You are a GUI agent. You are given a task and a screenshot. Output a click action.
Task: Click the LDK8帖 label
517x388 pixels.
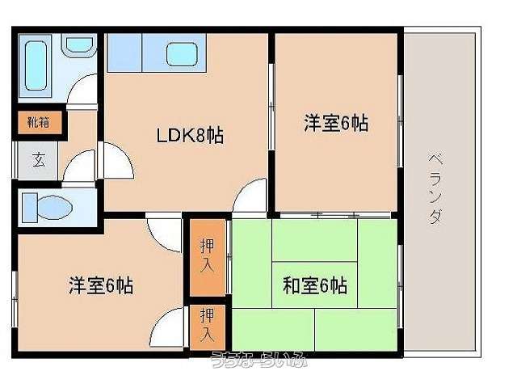(x=190, y=136)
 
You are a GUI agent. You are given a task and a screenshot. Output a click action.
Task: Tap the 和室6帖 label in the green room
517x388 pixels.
(x=315, y=285)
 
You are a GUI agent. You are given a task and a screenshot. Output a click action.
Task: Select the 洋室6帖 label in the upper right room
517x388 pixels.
(x=336, y=124)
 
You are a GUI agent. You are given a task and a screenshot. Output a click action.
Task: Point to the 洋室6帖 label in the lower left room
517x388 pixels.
(x=101, y=285)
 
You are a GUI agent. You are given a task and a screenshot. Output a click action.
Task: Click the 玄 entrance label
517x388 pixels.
(x=38, y=159)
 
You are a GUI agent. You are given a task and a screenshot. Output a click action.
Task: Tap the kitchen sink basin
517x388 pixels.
(x=186, y=54)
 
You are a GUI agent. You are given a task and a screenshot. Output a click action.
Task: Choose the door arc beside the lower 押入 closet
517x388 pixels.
(x=170, y=327)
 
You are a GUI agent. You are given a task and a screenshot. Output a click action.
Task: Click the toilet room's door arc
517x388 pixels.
(x=79, y=168)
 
